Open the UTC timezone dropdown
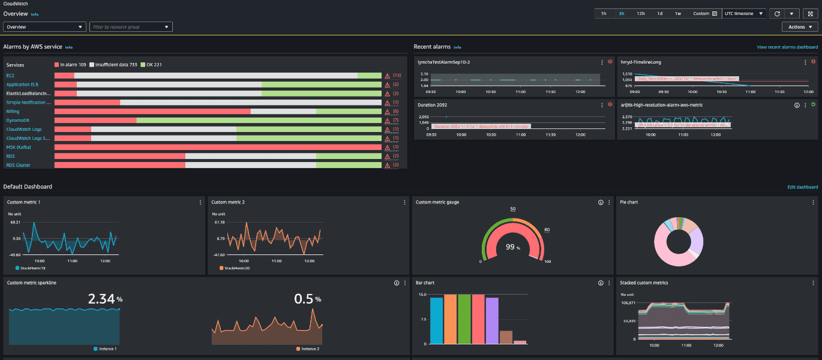[744, 13]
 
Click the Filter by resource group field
[131, 27]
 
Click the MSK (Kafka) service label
[19, 147]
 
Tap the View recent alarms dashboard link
[787, 47]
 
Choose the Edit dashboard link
[802, 187]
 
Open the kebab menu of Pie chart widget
[814, 203]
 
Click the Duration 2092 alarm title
[432, 105]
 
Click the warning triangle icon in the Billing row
[388, 112]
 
